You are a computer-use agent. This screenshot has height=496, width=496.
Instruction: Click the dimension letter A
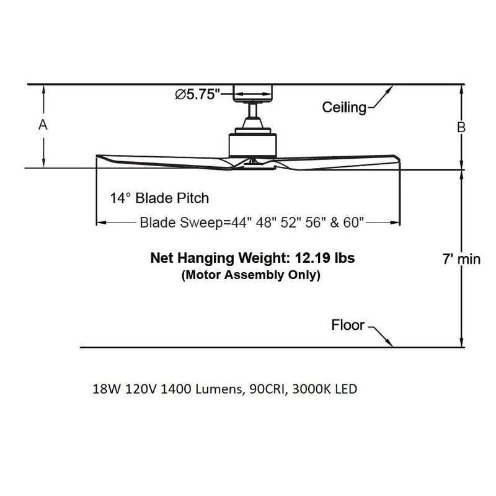[43, 125]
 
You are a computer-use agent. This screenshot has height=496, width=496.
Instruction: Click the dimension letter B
[461, 127]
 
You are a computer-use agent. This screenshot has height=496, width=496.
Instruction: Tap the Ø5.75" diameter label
[197, 94]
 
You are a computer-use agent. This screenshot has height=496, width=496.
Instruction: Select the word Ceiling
[344, 107]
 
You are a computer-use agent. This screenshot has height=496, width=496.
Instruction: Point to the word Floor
[348, 325]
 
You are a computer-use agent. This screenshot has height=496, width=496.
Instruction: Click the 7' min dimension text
[461, 259]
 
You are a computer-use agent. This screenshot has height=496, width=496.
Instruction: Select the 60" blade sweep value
[353, 223]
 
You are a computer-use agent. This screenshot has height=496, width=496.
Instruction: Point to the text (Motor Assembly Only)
[251, 275]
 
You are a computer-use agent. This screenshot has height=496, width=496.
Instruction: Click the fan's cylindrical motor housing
[253, 146]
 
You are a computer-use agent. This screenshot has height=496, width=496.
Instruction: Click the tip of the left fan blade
[97, 156]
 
